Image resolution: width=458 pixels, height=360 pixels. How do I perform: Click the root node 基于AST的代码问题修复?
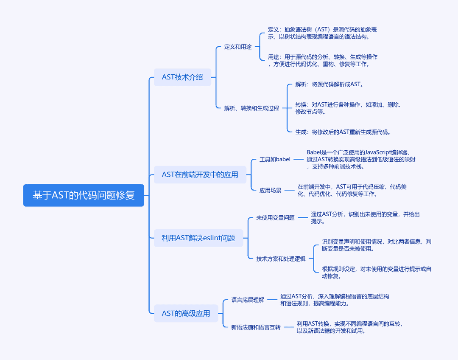tap(84, 195)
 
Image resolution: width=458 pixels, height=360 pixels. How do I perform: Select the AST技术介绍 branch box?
tap(182, 77)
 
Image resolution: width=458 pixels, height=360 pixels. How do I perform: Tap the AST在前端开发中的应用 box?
tap(200, 174)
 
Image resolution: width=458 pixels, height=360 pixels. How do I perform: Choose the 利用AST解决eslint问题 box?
tap(198, 238)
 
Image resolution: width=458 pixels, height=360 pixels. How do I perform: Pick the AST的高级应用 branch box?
tap(186, 313)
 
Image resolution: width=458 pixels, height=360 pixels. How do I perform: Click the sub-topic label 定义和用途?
tap(238, 47)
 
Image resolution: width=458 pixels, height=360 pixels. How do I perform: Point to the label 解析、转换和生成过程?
tap(251, 108)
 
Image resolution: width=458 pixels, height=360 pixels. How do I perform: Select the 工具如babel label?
tap(275, 159)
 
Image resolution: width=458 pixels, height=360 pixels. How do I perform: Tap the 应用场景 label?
tap(270, 190)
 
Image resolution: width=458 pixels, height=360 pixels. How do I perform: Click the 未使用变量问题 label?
tap(276, 218)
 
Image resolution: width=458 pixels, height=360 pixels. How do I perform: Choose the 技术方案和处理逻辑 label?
tap(281, 259)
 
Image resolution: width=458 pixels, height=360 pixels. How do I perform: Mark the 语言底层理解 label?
tap(248, 300)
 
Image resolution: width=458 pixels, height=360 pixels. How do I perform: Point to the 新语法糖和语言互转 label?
tap(256, 327)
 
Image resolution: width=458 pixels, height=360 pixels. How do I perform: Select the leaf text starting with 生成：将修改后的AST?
tap(343, 132)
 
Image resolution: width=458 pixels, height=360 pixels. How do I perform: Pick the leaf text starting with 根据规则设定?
tap(377, 273)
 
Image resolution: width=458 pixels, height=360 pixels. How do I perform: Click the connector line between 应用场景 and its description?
tap(290, 190)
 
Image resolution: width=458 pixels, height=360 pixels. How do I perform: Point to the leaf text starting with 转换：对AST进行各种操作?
tap(349, 108)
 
